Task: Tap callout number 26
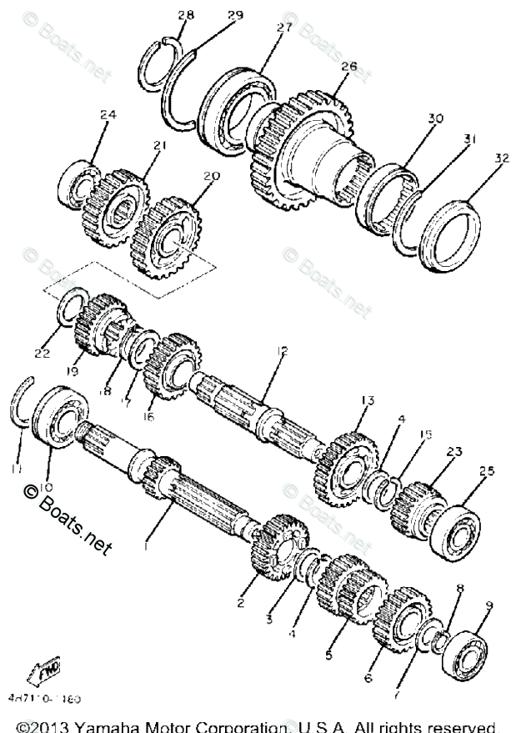348,66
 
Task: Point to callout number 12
283,351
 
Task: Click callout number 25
486,472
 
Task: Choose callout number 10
45,485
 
